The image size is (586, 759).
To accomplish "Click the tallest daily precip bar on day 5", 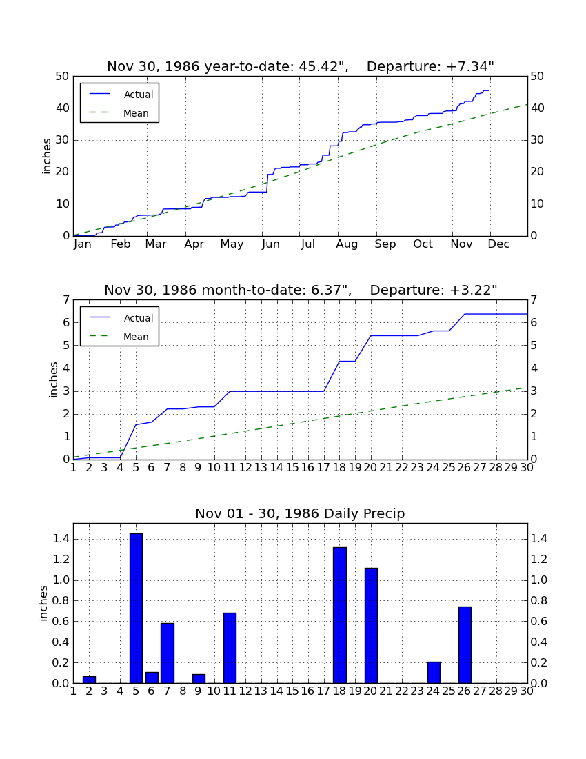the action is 136,608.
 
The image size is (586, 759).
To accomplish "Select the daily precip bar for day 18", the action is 339,615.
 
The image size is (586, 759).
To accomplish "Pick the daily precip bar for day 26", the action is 465,644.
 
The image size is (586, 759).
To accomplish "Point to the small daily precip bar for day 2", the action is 89,680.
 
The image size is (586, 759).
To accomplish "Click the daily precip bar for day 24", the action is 434,672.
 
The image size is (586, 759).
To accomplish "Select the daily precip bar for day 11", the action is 230,648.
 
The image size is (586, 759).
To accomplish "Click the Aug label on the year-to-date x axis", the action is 347,244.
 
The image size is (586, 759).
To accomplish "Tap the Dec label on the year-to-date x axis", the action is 498,244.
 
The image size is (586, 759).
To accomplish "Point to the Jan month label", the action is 82,244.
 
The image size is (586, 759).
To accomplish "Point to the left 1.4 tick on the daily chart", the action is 62,539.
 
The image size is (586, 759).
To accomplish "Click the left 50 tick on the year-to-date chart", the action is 63,77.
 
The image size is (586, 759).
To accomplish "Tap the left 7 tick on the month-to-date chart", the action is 66,300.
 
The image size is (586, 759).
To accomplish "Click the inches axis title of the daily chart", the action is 43,603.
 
